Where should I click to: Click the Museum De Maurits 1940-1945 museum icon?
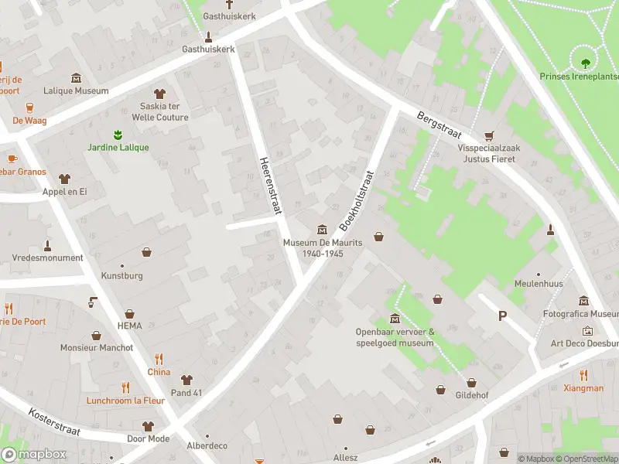point(322,229)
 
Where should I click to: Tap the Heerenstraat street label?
point(271,184)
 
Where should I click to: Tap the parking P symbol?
point(502,316)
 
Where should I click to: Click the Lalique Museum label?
point(76,90)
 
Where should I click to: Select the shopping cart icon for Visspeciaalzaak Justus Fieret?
point(488,135)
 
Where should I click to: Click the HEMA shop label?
point(129,326)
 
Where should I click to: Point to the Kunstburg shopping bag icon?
point(146,252)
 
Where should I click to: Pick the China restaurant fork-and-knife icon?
point(159,359)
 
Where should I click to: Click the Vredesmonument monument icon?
point(47,245)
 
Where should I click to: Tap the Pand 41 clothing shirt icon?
point(186,380)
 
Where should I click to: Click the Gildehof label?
point(471,394)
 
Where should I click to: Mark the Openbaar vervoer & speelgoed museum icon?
point(395,319)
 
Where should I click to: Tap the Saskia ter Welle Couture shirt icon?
point(160,94)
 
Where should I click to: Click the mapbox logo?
point(33,455)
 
